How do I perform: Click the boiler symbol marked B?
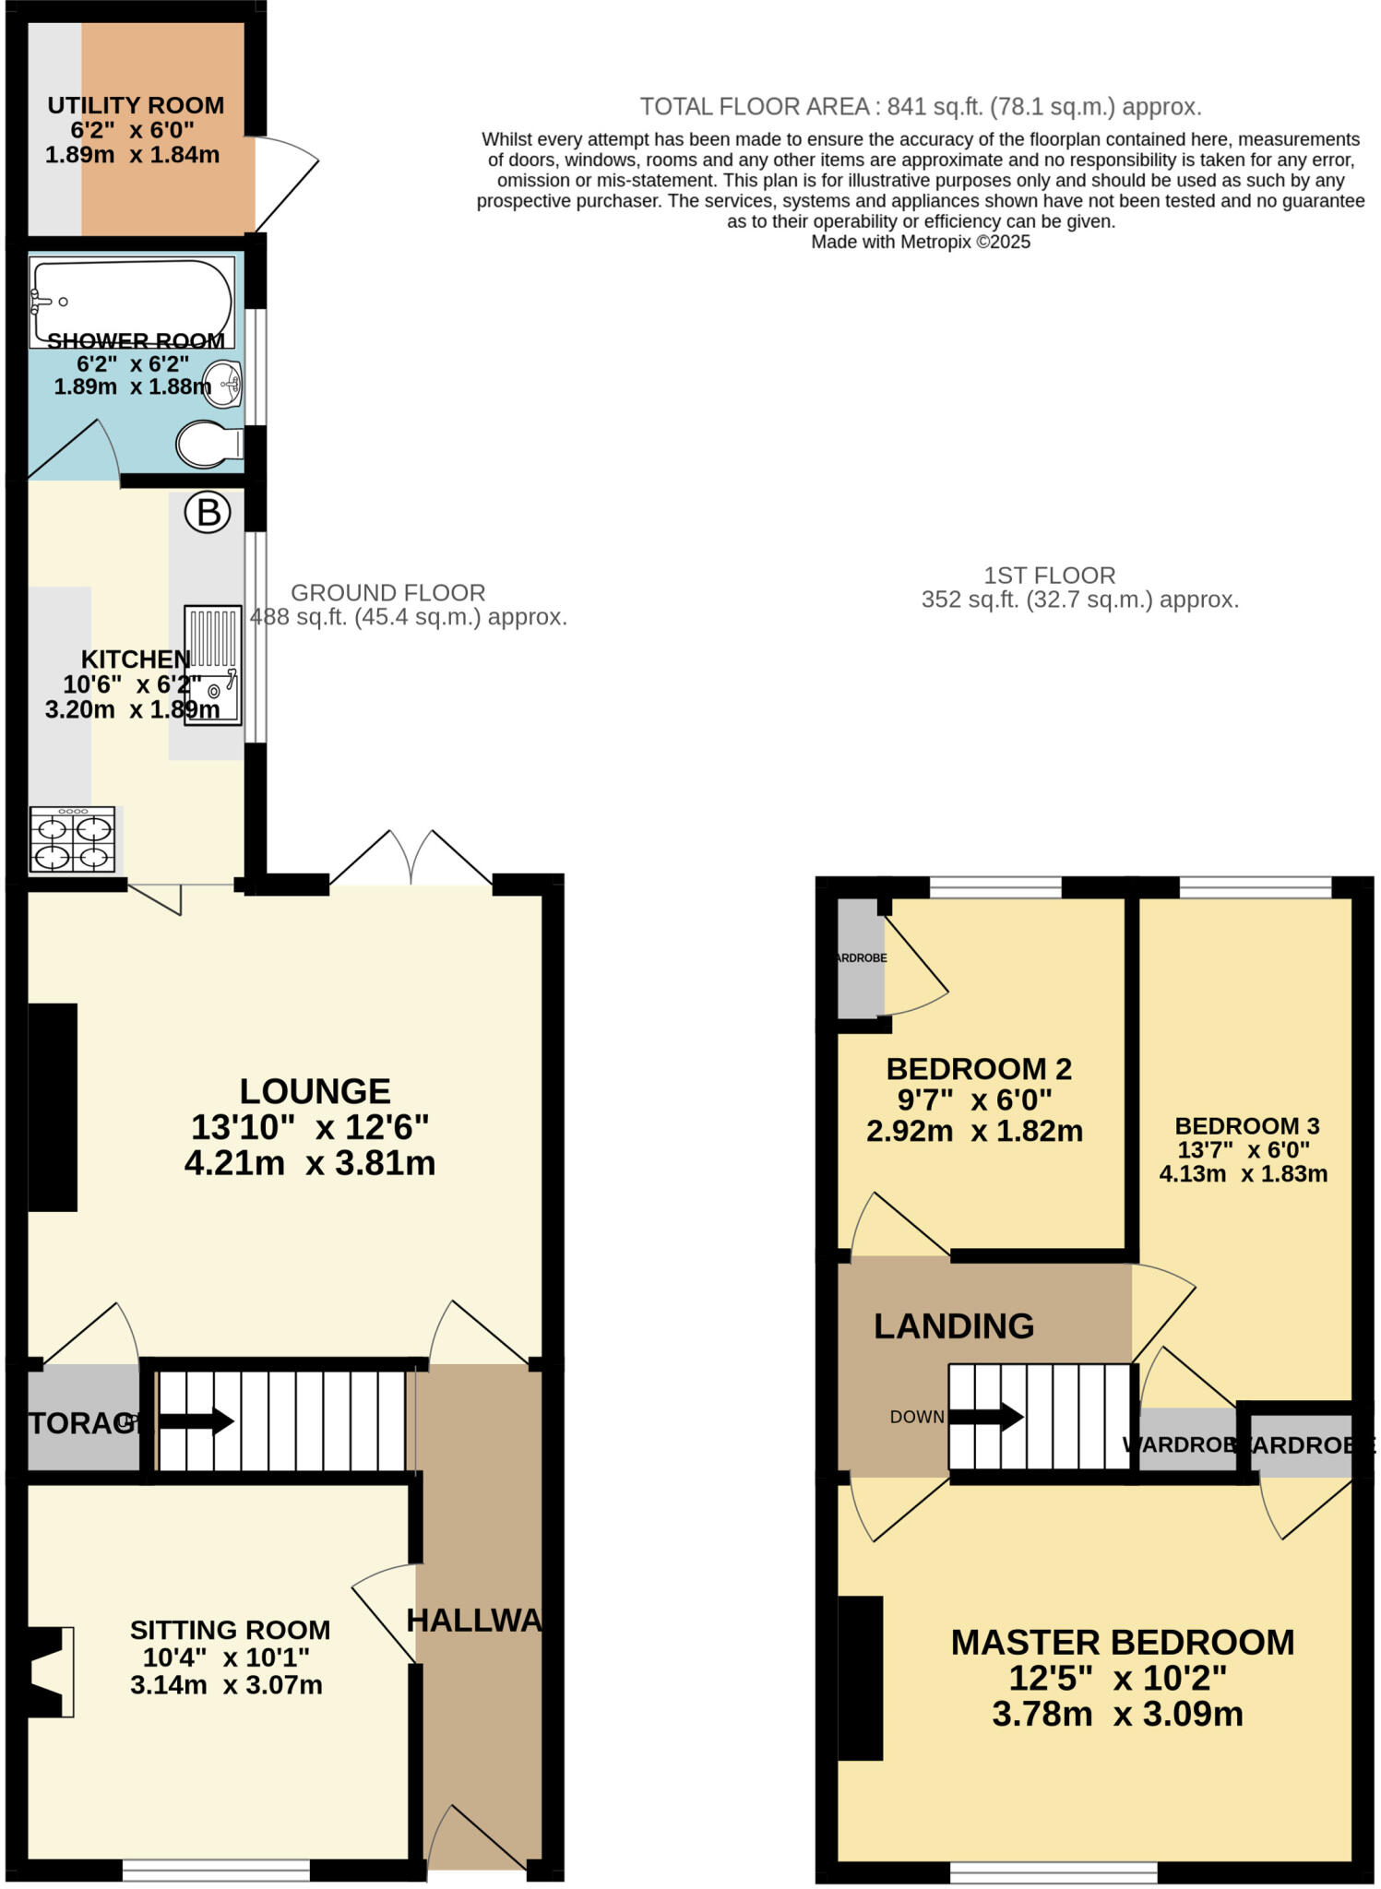(x=208, y=512)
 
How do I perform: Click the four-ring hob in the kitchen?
(x=72, y=838)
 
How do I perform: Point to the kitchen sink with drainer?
(x=213, y=664)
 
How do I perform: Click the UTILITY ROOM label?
(x=136, y=105)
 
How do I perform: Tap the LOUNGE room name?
(x=315, y=1091)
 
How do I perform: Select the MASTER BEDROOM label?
(x=1122, y=1642)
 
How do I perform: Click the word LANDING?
(x=953, y=1326)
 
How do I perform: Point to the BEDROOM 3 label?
(x=1246, y=1125)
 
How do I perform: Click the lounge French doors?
(x=411, y=860)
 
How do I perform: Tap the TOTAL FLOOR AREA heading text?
(x=920, y=107)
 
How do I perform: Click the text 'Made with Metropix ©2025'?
(x=920, y=242)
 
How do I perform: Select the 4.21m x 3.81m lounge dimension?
(x=310, y=1163)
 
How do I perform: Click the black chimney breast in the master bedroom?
(x=860, y=1677)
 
